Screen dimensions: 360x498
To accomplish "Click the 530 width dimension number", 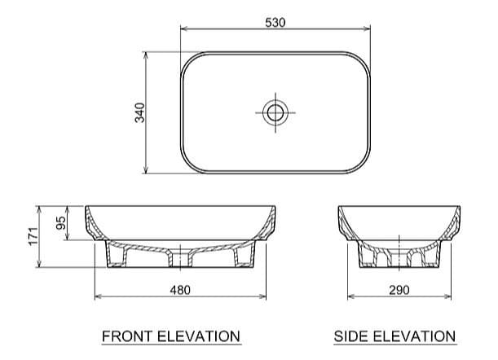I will [275, 23].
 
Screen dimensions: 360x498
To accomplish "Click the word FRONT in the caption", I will [126, 336].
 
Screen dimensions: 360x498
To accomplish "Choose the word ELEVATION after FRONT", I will [200, 336].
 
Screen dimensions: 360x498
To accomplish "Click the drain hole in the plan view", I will [275, 112].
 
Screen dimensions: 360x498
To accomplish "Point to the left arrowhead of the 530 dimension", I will [183, 31].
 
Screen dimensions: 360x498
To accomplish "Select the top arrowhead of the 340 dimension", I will [145, 55].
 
